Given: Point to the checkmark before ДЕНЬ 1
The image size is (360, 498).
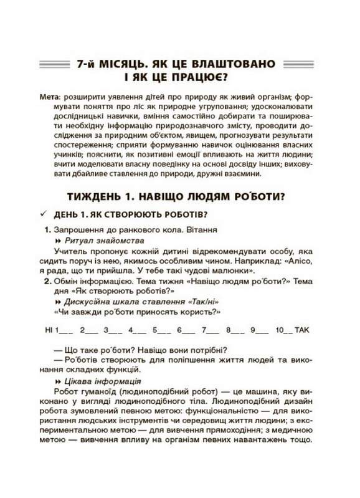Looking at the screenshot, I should coord(43,215).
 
